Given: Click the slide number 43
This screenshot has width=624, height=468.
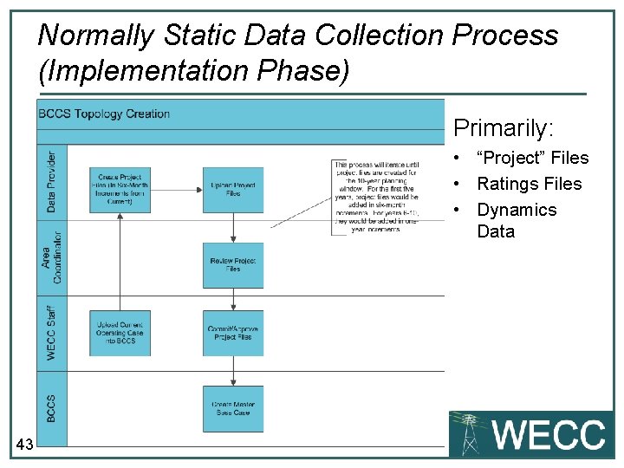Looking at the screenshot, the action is pyautogui.click(x=24, y=445).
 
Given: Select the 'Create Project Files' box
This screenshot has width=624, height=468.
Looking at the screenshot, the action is pyautogui.click(x=120, y=189).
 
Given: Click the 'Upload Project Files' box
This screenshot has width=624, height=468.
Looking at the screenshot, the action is pyautogui.click(x=233, y=189).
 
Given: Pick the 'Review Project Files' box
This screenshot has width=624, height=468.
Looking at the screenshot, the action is pyautogui.click(x=233, y=265).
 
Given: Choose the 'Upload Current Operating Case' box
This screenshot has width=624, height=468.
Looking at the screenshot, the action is pyautogui.click(x=120, y=333).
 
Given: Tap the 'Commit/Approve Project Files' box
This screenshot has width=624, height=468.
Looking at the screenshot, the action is pyautogui.click(x=233, y=333).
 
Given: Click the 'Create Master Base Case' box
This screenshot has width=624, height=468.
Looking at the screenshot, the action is pyautogui.click(x=233, y=408).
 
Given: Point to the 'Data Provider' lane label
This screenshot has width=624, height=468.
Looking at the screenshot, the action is pyautogui.click(x=51, y=182).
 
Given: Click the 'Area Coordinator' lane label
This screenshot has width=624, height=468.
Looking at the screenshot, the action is pyautogui.click(x=51, y=259).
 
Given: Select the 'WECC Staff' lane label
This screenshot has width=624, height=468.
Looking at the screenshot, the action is pyautogui.click(x=51, y=333).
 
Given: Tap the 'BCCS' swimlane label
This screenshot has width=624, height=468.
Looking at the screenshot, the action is pyautogui.click(x=51, y=408).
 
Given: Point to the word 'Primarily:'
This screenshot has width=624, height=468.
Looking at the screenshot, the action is pyautogui.click(x=503, y=129).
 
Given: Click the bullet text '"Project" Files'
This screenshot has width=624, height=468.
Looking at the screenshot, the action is pyautogui.click(x=532, y=158).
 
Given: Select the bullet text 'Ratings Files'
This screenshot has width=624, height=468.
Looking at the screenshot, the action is pyautogui.click(x=529, y=184).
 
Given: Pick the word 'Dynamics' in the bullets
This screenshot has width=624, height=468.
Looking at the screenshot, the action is pyautogui.click(x=517, y=210).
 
